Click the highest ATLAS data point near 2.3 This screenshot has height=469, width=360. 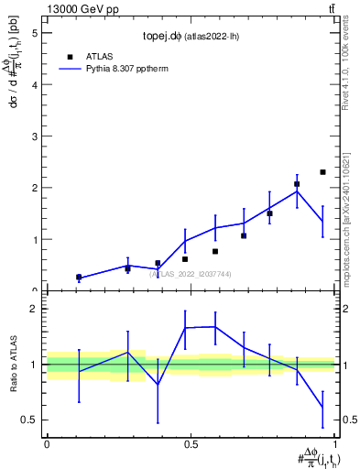pyautogui.click(x=322, y=172)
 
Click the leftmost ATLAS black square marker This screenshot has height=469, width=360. pyautogui.click(x=79, y=277)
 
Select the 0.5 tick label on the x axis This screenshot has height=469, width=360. pyautogui.click(x=191, y=442)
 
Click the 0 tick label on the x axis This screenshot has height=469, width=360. pyautogui.click(x=47, y=442)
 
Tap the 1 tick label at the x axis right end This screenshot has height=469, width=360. pyautogui.click(x=336, y=442)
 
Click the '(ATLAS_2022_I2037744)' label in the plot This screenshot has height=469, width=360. pyautogui.click(x=191, y=273)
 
